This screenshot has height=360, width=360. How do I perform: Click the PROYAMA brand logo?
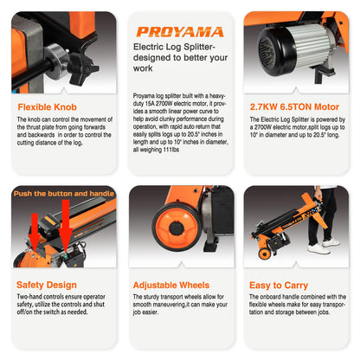[180, 32]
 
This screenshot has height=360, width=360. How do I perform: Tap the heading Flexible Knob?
[48, 107]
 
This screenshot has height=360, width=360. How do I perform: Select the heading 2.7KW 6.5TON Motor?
[294, 106]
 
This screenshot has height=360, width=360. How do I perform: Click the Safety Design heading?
[47, 285]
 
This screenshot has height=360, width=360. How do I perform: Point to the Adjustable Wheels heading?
[171, 285]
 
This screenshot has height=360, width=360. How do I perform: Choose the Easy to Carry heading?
[279, 286]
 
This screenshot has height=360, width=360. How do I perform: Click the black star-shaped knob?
[82, 68]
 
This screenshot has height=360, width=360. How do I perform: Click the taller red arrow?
[66, 223]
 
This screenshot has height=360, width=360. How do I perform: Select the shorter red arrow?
[35, 230]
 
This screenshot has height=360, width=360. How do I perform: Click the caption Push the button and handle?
[64, 194]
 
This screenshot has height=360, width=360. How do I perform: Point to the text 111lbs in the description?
[171, 150]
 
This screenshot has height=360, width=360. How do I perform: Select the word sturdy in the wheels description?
[151, 297]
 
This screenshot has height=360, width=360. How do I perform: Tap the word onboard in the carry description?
[271, 297]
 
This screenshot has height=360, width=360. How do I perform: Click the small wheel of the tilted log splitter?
[264, 254]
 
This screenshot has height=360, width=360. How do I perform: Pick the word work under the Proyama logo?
[143, 68]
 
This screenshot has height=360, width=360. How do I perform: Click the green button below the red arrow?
[66, 255]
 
